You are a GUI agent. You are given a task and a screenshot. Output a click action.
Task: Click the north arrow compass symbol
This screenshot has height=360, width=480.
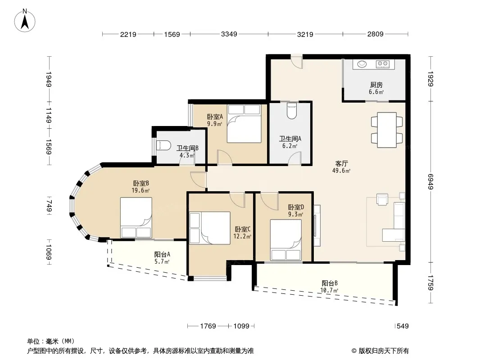point(25,21)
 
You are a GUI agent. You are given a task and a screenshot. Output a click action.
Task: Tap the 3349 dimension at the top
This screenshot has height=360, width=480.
point(229,34)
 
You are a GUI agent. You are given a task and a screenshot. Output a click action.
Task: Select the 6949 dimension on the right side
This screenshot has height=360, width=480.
point(430,182)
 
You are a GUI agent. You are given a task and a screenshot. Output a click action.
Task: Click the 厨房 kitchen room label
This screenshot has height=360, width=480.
point(376,85)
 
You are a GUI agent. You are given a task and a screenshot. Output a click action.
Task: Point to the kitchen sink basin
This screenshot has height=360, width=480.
point(362,64)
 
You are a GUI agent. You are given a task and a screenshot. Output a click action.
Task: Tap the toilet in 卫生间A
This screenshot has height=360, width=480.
point(292,110)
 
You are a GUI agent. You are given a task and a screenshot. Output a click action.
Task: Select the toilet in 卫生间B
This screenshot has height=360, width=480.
point(163,145)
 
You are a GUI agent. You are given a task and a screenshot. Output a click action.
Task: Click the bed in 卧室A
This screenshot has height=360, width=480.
point(244,124)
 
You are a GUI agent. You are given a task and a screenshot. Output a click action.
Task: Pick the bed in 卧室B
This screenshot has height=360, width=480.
point(136,217)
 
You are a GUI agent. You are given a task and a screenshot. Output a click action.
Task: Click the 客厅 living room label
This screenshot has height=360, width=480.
point(341,164)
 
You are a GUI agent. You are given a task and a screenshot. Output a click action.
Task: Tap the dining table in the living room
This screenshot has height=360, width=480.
point(387,130)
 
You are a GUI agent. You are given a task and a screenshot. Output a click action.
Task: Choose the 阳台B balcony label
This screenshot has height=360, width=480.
point(330,283)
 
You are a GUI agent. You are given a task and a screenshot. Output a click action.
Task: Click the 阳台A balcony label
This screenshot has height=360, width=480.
point(162,254)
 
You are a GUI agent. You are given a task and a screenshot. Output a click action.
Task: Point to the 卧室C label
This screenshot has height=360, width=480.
point(243,229)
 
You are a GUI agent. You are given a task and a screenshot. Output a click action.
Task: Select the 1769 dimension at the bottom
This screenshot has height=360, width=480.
point(208,326)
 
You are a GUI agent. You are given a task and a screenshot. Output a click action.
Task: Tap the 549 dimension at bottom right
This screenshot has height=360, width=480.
point(402,326)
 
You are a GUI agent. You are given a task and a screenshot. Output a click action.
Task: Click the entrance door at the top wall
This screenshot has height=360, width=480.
point(297,61)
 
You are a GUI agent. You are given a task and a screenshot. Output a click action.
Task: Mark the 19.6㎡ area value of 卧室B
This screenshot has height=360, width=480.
point(140,190)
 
